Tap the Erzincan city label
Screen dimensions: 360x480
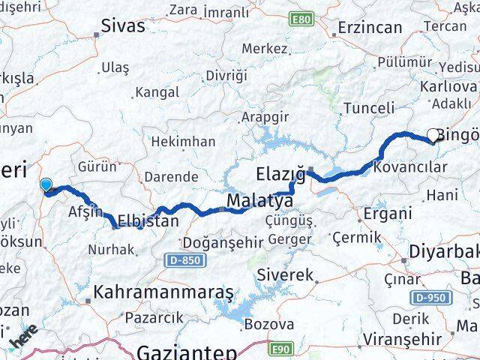coord(370,28)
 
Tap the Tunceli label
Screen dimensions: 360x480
coord(367,108)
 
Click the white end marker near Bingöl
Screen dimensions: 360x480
coord(433,136)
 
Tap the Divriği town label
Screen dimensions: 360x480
coord(226,76)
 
